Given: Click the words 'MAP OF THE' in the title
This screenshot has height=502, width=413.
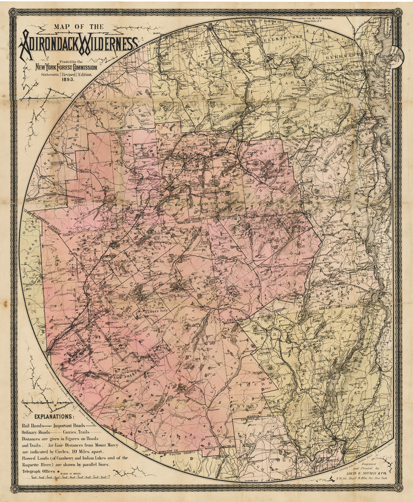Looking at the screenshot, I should tap(79, 27).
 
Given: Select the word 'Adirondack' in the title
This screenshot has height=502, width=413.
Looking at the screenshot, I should tap(49, 43).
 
